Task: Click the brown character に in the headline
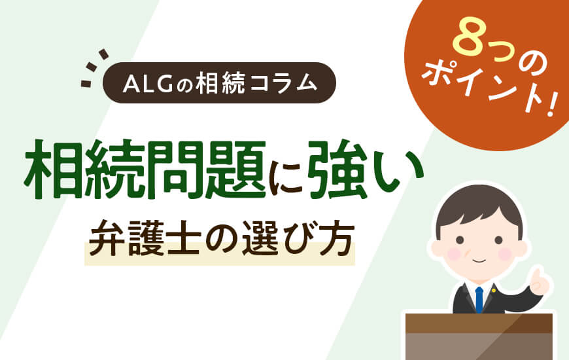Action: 288,171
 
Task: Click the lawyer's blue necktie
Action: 479,299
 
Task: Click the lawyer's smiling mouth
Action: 479,261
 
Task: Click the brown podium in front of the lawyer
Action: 479,336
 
